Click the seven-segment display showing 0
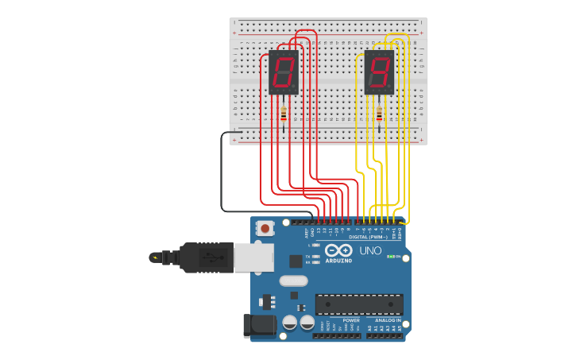pyautogui.click(x=284, y=72)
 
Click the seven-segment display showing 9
pyautogui.click(x=379, y=72)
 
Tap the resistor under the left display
pyautogui.click(x=284, y=114)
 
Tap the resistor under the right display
pyautogui.click(x=379, y=114)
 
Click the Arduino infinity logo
pyautogui.click(x=338, y=251)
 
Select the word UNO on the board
pyautogui.click(x=370, y=250)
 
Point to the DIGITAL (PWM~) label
pyautogui.click(x=369, y=237)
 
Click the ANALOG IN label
pyautogui.click(x=388, y=320)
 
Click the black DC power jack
pyautogui.click(x=260, y=324)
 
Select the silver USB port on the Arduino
pyautogui.click(x=253, y=257)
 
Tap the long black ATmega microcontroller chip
pyautogui.click(x=359, y=304)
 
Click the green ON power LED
pyautogui.click(x=390, y=257)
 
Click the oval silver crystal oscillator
pyautogui.click(x=293, y=281)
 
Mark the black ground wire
pyautogui.click(x=222, y=175)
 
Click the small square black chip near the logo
pyautogui.click(x=296, y=261)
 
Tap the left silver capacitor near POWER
pyautogui.click(x=290, y=323)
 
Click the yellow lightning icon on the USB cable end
pyautogui.click(x=154, y=257)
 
